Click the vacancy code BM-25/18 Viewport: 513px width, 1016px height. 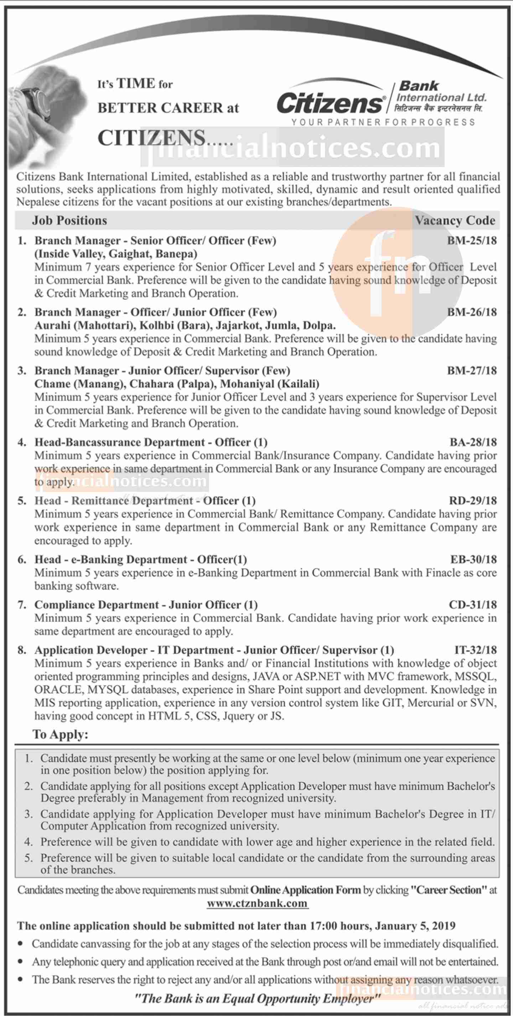(472, 241)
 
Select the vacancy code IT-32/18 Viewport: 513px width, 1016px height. (475, 650)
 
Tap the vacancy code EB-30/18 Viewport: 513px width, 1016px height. (473, 559)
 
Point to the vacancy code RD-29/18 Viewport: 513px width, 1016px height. (473, 501)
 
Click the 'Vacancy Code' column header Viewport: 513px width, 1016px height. (455, 220)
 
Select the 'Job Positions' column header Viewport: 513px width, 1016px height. (69, 220)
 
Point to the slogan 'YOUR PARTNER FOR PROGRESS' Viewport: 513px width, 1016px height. (383, 122)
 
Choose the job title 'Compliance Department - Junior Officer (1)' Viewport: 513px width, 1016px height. (146, 605)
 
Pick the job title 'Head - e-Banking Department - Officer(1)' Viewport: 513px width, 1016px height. (141, 559)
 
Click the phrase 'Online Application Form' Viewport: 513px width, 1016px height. (305, 890)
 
